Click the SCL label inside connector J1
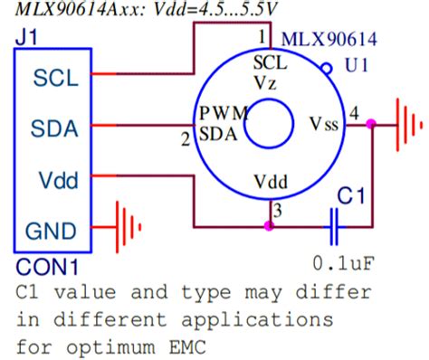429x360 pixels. tap(55, 77)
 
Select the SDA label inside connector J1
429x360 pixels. tap(55, 128)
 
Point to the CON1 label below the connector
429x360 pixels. tap(45, 269)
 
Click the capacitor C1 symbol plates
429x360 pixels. tap(335, 226)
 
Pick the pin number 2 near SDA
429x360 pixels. tap(185, 140)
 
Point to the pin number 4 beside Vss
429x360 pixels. tap(354, 112)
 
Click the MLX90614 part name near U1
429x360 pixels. tap(327, 39)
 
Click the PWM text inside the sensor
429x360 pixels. tap(218, 115)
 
